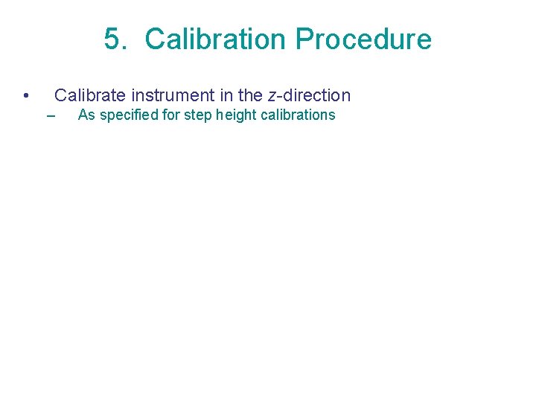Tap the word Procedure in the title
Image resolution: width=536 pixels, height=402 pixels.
[363, 39]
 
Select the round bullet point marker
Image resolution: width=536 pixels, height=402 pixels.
[26, 96]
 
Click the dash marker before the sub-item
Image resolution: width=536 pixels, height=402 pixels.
[51, 116]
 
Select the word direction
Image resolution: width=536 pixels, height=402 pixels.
[316, 95]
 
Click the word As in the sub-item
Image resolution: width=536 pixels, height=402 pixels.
[86, 115]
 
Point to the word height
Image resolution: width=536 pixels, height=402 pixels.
[235, 115]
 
